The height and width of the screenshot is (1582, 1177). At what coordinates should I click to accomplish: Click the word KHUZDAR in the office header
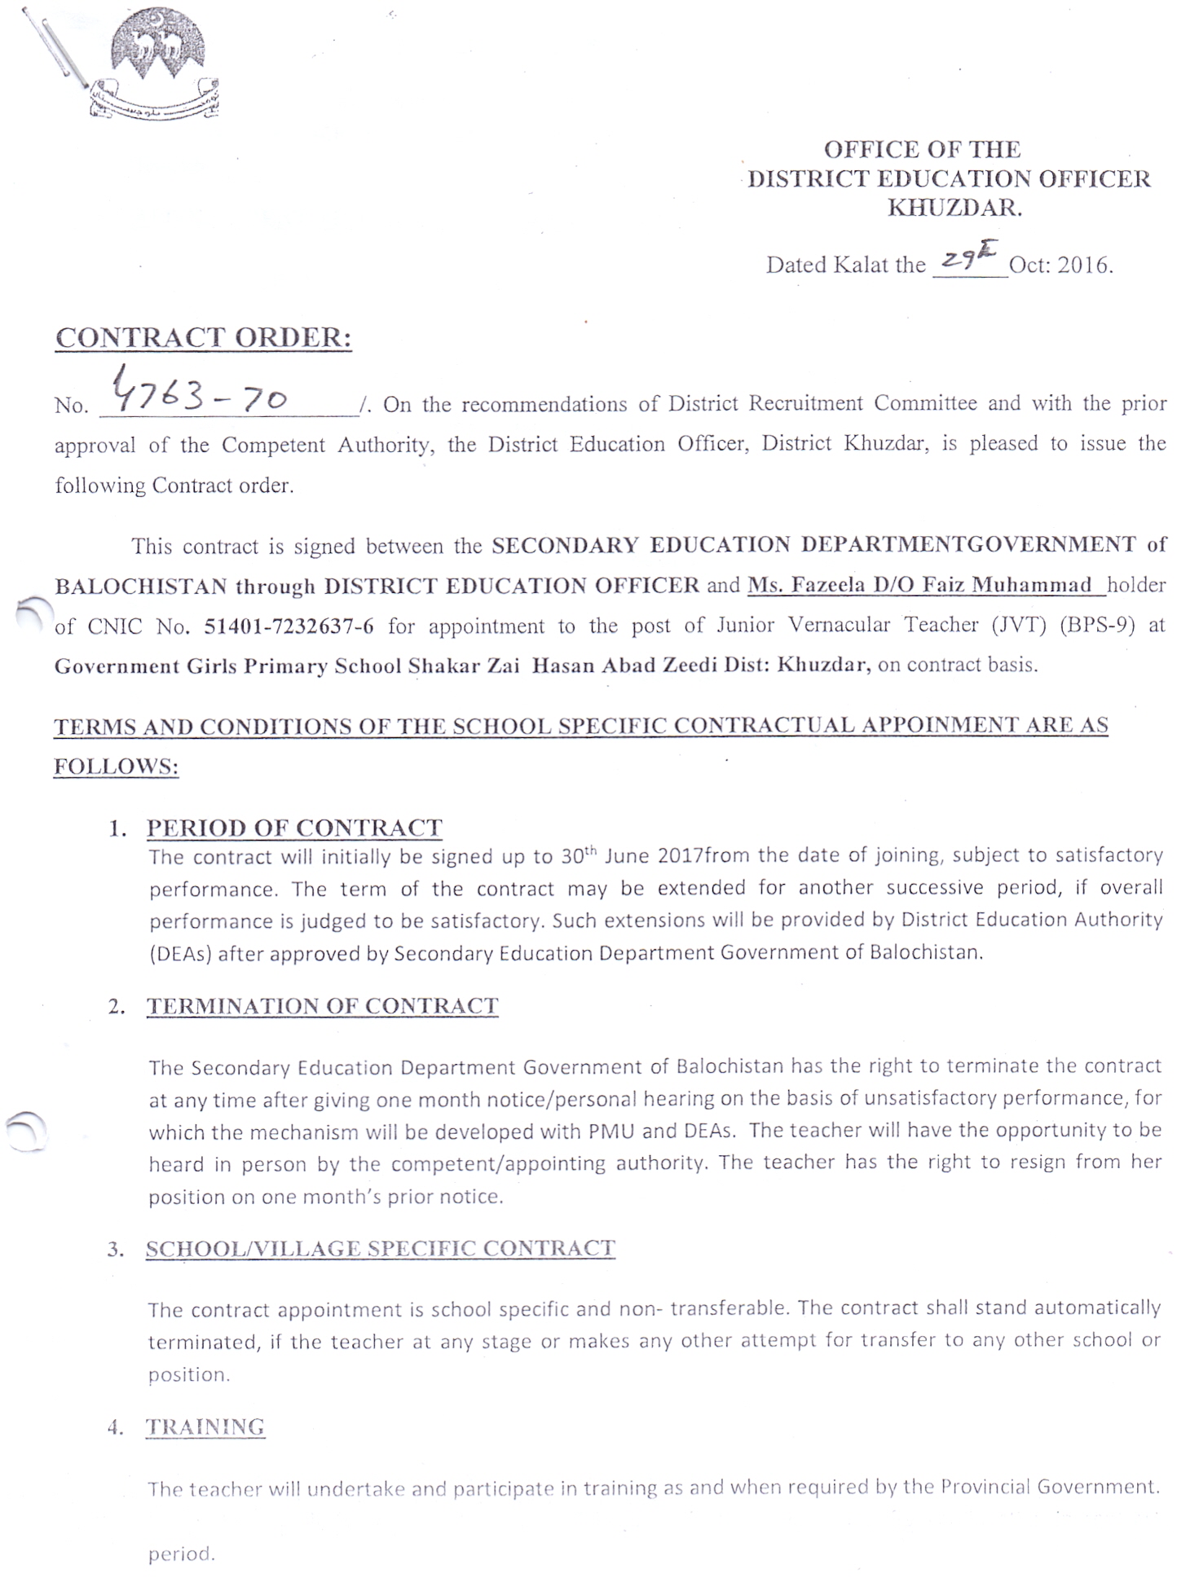pyautogui.click(x=954, y=209)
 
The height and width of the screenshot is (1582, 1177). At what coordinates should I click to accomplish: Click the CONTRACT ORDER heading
pyautogui.click(x=203, y=337)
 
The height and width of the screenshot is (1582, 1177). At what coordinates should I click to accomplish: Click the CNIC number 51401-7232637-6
pyautogui.click(x=289, y=626)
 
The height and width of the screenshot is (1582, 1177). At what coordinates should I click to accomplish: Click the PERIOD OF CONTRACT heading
pyautogui.click(x=294, y=828)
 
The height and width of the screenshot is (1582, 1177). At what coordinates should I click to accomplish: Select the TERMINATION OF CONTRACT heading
pyautogui.click(x=322, y=1006)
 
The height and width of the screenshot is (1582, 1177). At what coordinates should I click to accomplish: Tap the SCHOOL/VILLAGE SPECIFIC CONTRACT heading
pyautogui.click(x=380, y=1249)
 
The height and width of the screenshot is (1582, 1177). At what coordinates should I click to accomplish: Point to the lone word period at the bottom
pyautogui.click(x=181, y=1553)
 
